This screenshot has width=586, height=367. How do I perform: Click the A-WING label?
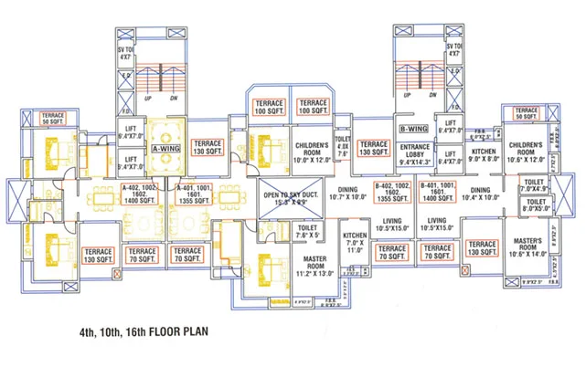point(165,148)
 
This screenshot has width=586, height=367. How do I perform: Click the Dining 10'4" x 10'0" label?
point(481,194)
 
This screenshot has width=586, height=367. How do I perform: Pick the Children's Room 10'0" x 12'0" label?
point(316,150)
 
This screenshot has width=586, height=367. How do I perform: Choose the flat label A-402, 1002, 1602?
point(136,193)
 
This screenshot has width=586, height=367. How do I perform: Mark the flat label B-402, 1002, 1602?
point(391,193)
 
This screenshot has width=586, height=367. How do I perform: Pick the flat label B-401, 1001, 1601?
point(438,193)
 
